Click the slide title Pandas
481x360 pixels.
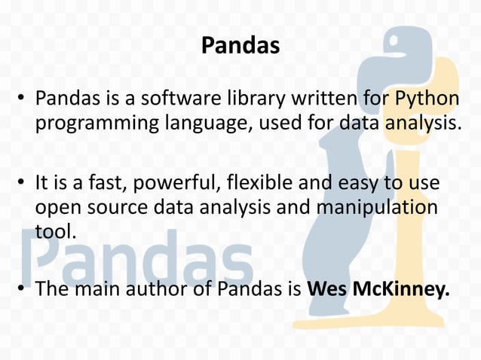coord(240,47)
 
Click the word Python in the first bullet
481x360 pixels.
coord(428,99)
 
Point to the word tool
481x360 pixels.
coord(55,232)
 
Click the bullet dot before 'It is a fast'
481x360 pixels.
coord(23,183)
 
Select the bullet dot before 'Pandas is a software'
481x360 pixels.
coord(23,99)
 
